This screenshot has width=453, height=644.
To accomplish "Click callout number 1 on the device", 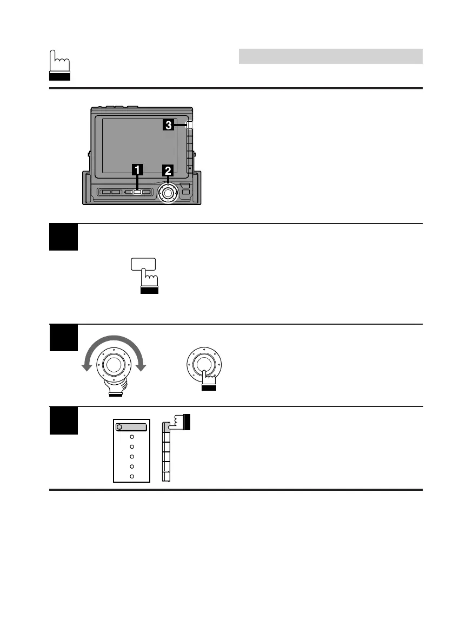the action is (138, 169).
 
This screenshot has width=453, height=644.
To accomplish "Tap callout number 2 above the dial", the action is (168, 170).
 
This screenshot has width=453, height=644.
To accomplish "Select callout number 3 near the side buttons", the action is (169, 126).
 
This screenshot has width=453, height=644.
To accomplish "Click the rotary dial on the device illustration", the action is (168, 193).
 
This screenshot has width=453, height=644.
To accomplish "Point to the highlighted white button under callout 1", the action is (137, 192).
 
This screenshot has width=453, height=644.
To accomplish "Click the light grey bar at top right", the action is (330, 56).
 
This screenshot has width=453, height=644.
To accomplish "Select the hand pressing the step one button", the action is (149, 283).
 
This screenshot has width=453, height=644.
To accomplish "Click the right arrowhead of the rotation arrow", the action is (142, 367).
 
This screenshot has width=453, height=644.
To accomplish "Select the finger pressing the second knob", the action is (207, 377).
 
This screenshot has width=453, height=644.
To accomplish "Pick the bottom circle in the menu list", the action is (132, 476).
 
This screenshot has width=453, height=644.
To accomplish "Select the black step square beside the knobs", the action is (63, 338).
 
